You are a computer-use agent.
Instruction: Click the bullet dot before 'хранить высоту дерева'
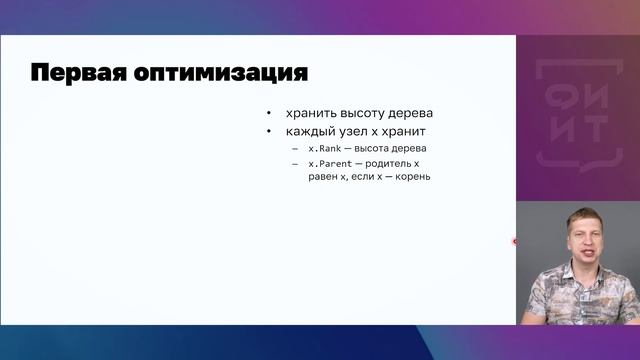tap(269, 113)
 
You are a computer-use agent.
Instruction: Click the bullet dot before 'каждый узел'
tap(269, 132)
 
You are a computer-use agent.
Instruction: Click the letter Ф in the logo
tap(566, 91)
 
